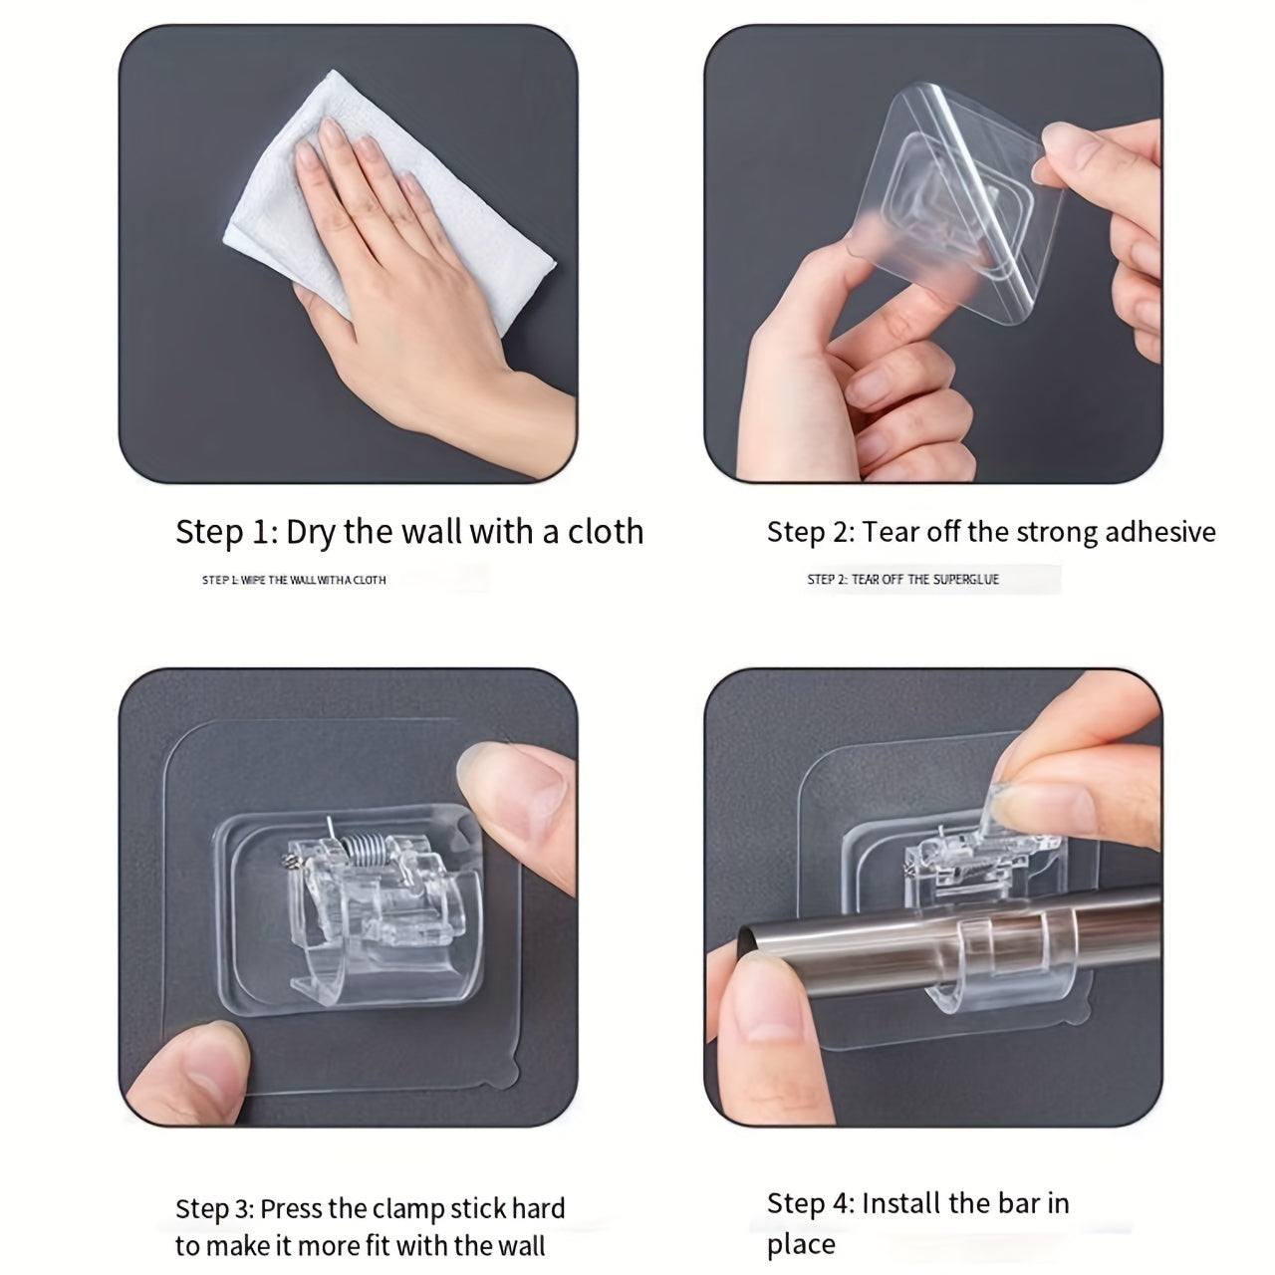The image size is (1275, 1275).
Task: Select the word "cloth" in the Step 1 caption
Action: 606,531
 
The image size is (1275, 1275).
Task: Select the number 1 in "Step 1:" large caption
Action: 261,532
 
